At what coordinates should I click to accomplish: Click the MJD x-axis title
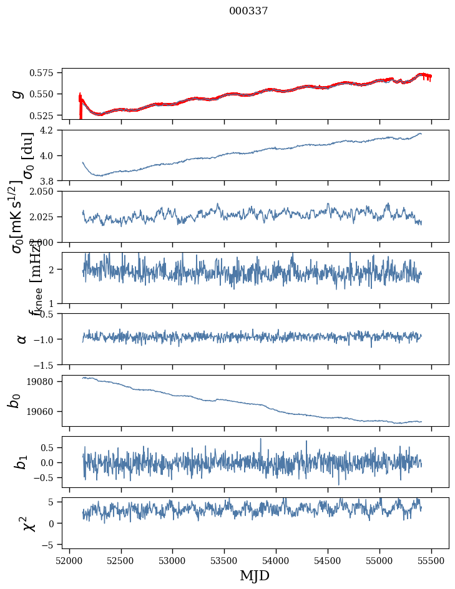[255, 575]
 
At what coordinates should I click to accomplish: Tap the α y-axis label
[22, 339]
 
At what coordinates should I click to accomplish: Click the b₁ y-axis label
[21, 462]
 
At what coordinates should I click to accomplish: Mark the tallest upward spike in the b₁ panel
[261, 439]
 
